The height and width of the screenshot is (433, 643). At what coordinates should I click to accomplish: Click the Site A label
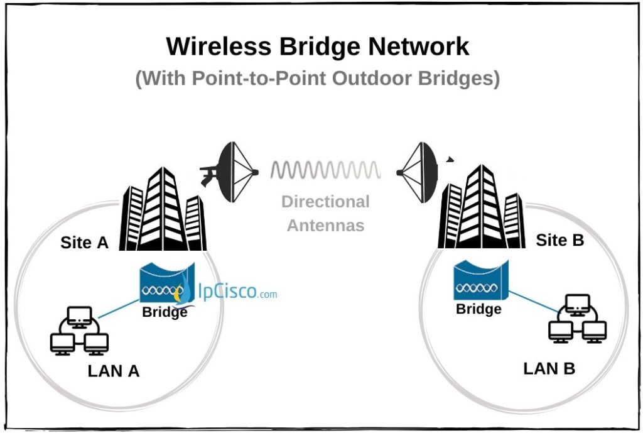coord(85,243)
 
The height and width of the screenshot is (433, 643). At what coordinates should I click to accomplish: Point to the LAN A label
coord(113,371)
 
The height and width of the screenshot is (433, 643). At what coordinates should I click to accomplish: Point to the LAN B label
coord(549,368)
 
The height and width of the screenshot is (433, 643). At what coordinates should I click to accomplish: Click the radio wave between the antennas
coord(325,170)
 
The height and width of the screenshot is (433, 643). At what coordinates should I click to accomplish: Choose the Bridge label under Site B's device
coord(478,309)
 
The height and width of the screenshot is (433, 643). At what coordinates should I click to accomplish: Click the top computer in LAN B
coord(577,304)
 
